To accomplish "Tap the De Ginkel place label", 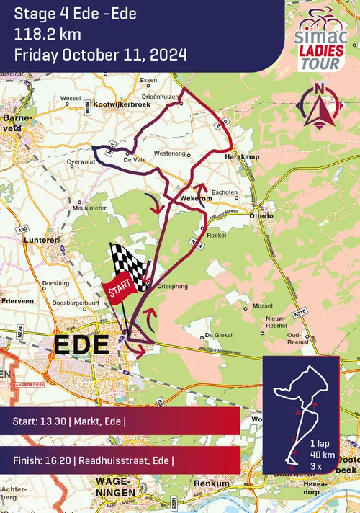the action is click(x=220, y=335).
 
